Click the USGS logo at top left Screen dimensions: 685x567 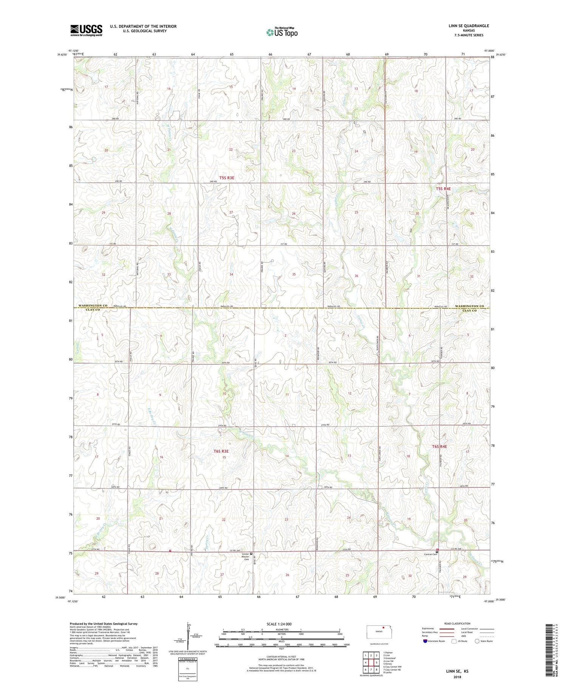tap(86, 30)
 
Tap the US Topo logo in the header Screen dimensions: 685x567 tap(282, 32)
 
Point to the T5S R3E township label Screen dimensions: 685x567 tap(227, 178)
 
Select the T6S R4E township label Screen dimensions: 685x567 tap(439, 447)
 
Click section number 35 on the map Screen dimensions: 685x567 tap(294, 274)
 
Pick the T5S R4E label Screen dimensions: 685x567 tap(443, 188)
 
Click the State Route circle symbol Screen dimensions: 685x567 tap(477, 641)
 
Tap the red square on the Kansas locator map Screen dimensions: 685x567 tap(383, 629)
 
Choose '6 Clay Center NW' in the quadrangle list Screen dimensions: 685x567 tap(392, 666)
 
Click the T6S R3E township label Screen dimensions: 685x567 tap(221, 451)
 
